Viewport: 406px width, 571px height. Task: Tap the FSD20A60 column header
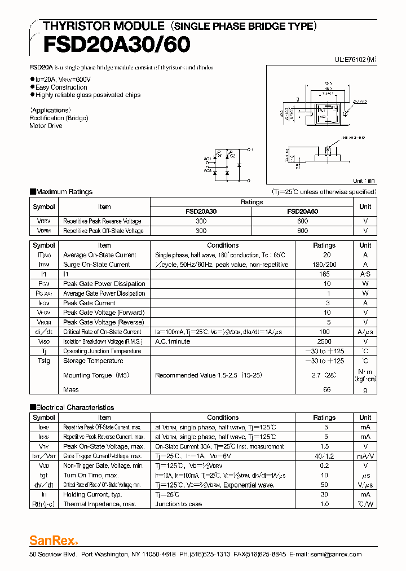coord(302,212)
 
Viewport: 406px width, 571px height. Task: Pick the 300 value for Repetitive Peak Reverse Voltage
coord(201,221)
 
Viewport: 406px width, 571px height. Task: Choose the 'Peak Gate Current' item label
coord(89,303)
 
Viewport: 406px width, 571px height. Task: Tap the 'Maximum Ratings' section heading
coord(64,192)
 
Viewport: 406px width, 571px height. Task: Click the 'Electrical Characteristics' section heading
coord(74,407)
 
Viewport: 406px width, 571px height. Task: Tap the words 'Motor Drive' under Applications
coord(46,126)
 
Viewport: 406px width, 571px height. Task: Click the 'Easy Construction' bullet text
coord(61,87)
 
